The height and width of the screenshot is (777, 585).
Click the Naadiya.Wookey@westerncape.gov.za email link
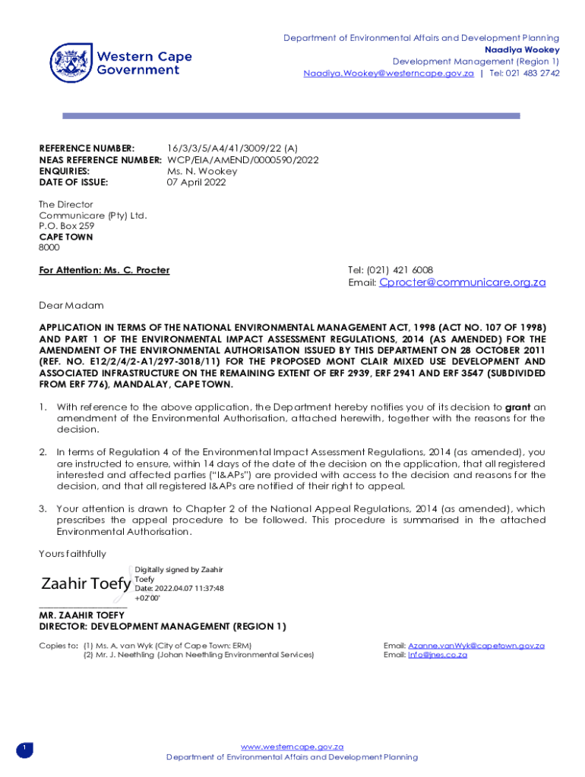click(388, 73)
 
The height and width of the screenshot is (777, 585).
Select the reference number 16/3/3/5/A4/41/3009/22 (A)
click(232, 149)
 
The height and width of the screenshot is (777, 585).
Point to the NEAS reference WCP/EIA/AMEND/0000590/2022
click(242, 160)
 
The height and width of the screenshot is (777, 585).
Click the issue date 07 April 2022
click(196, 182)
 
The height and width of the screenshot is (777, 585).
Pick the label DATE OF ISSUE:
click(74, 182)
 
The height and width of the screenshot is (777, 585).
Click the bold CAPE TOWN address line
click(66, 237)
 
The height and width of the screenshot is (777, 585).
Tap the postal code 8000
click(49, 247)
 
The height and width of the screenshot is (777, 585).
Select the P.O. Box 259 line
click(67, 226)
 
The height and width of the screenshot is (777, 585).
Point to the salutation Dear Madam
click(71, 305)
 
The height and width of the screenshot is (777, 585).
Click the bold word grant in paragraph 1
click(517, 407)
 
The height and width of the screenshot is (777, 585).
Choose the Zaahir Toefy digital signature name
click(86, 584)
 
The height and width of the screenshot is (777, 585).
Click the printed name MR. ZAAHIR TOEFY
click(83, 615)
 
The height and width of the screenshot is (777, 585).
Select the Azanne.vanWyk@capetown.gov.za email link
click(476, 645)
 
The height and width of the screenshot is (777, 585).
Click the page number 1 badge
click(24, 749)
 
